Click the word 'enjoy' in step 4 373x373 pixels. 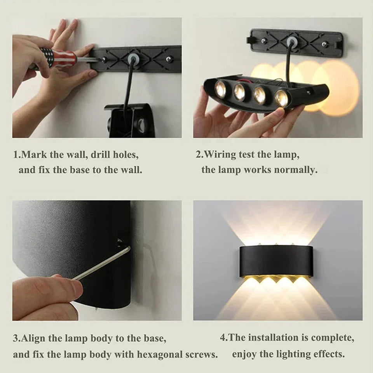coord(244,354)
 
